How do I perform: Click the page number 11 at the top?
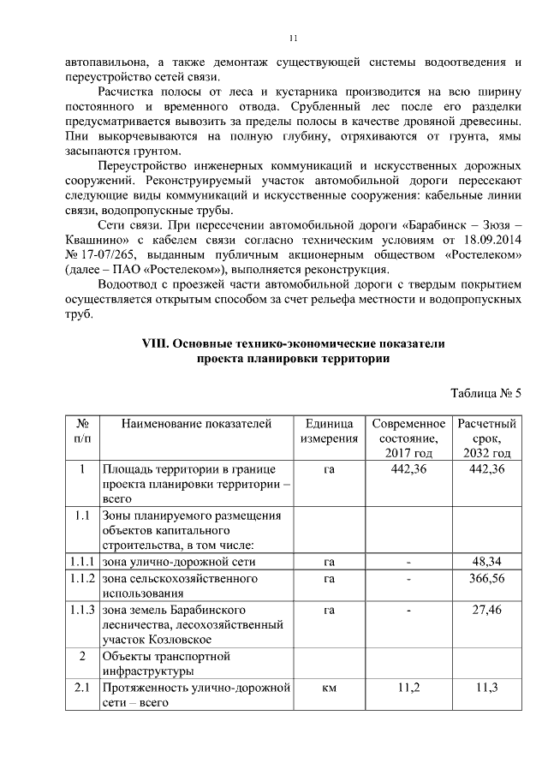point(293,39)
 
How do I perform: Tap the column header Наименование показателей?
point(196,424)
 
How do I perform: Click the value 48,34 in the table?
point(486,562)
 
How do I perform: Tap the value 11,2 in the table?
point(408,688)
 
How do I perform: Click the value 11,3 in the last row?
point(486,688)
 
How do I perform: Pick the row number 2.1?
point(82,688)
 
